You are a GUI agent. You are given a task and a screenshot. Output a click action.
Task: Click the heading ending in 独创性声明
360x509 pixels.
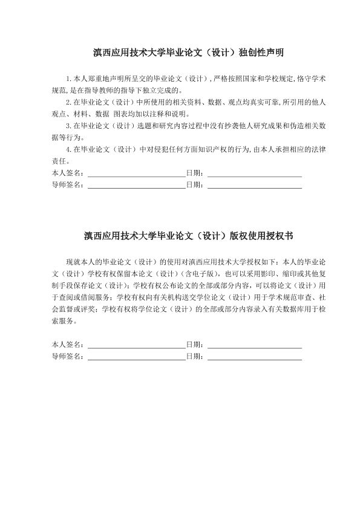coord(180,54)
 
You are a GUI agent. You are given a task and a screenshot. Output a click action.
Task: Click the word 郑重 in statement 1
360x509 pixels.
coord(94,79)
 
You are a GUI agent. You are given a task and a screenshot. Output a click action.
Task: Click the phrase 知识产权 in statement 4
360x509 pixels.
coord(203,149)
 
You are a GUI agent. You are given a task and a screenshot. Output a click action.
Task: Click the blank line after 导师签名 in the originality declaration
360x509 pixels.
coord(136,185)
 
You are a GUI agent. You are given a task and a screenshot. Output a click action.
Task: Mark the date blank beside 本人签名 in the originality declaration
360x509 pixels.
coord(254,173)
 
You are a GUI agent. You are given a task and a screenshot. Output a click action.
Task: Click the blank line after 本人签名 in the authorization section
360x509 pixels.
coord(136,345)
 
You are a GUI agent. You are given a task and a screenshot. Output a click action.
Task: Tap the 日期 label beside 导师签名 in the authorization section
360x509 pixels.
coord(194,357)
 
